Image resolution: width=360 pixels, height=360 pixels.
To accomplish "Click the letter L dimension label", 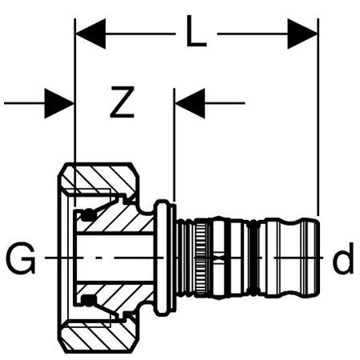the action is tap(196, 31).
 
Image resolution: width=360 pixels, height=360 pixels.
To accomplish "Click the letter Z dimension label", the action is tap(122, 102).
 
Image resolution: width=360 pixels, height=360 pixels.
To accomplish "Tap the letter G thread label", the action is tap(21, 258).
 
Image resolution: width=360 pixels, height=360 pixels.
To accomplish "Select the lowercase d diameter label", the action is tap(344, 258).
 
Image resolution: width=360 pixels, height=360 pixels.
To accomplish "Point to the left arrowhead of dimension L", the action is tap(90, 34).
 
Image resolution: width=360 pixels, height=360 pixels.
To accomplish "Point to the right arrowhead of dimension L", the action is tap(302, 34).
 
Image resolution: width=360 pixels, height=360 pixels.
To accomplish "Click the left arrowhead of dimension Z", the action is tap(59, 103).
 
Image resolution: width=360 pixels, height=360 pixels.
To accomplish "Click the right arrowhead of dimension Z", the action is tap(190, 103).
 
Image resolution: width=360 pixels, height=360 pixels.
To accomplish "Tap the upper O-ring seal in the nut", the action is tap(88, 215).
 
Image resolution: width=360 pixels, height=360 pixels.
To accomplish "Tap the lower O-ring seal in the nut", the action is tap(88, 301).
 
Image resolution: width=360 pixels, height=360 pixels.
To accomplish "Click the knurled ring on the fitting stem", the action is tap(201, 258).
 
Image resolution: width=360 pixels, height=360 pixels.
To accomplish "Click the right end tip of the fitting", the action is tap(319, 258).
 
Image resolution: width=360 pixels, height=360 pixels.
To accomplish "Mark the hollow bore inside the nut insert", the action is tap(114, 258).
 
